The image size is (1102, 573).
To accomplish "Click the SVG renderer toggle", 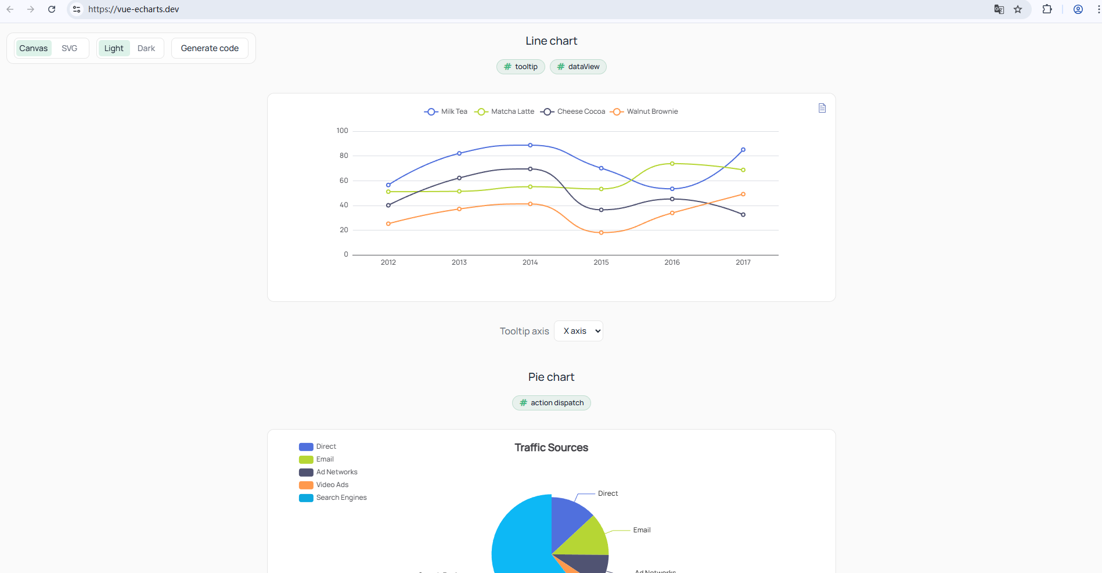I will pyautogui.click(x=69, y=48).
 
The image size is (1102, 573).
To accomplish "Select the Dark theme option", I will pyautogui.click(x=146, y=48).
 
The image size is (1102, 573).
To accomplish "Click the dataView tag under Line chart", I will pyautogui.click(x=578, y=67).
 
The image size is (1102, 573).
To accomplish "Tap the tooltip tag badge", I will pyautogui.click(x=521, y=67).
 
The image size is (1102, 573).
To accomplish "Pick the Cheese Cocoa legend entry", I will pyautogui.click(x=573, y=111).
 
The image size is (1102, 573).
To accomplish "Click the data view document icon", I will pyautogui.click(x=822, y=108).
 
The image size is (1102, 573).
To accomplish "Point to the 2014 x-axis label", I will pyautogui.click(x=530, y=262).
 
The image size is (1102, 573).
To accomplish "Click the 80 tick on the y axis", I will pyautogui.click(x=344, y=156).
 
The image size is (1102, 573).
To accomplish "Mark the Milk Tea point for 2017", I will pyautogui.click(x=743, y=150).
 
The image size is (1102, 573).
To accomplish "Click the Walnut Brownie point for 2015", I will pyautogui.click(x=602, y=233).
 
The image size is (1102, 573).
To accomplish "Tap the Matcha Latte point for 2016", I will pyautogui.click(x=672, y=164).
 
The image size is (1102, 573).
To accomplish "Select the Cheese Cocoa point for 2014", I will pyautogui.click(x=530, y=169).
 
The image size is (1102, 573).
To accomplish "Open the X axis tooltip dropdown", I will pyautogui.click(x=578, y=331).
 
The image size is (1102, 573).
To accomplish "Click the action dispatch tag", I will pyautogui.click(x=552, y=403).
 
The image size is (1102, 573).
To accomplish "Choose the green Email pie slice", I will pyautogui.click(x=586, y=537).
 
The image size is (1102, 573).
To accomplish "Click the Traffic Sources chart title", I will pyautogui.click(x=551, y=448).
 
